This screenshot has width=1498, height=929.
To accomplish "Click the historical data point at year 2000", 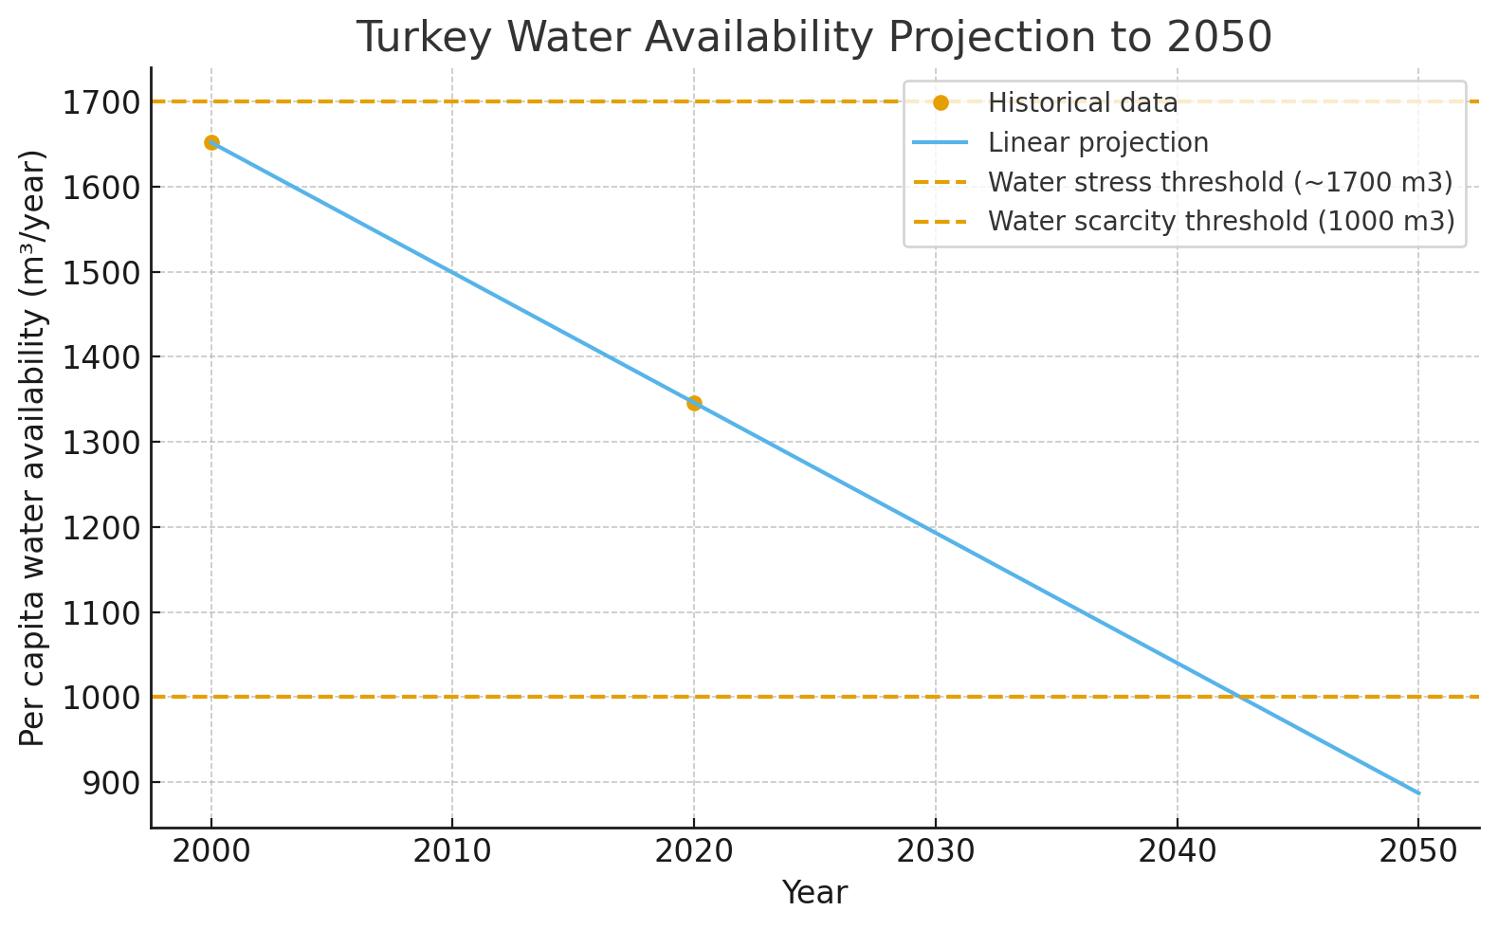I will point(211,143).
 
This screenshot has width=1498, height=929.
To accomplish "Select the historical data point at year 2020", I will point(694,403).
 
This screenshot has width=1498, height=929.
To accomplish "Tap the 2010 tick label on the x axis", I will point(451,851).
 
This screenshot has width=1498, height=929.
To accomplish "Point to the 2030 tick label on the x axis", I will point(935,851).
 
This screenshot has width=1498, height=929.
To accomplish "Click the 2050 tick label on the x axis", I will point(1417,851).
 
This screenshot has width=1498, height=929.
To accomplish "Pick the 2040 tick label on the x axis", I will point(1177,851).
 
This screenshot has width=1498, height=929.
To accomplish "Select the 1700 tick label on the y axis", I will point(100,102).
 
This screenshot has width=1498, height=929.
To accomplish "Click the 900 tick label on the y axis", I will point(110,783).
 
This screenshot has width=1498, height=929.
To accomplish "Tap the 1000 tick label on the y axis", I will point(100,698).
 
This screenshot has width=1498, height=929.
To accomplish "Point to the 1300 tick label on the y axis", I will point(100,443).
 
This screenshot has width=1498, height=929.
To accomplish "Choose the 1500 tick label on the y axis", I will point(100,273).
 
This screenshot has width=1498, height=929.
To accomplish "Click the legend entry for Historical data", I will point(1083,102).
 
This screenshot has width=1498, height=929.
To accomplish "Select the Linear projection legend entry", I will point(1098,142).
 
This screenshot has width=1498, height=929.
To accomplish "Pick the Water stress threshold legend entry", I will point(1220,181).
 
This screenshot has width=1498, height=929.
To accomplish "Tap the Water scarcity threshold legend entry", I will point(1221,221).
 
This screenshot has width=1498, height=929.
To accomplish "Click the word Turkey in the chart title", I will point(424,38).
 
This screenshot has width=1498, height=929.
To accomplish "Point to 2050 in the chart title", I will point(1219,38).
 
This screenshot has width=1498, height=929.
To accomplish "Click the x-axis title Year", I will point(814,893).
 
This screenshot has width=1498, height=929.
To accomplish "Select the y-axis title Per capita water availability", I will point(33,447).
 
